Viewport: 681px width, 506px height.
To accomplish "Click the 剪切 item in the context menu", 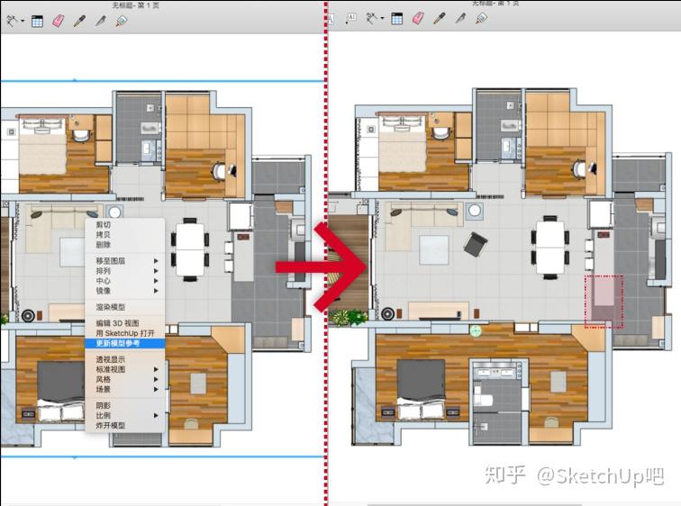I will pos(104,225).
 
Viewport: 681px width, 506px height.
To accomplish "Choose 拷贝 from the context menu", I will pos(104,235).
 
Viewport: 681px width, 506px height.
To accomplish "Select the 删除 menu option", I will pos(104,245).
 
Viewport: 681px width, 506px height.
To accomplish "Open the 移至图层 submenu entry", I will pos(113,261).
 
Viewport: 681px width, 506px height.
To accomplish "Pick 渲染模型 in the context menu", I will pos(111,307).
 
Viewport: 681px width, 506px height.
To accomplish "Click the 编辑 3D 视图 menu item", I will pos(117,323).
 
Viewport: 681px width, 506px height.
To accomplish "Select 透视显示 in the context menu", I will pos(111,359).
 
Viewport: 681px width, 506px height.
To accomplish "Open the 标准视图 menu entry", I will pos(111,369).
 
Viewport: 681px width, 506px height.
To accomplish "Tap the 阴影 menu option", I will pos(104,406).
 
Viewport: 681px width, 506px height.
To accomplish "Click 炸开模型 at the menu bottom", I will pos(111,425).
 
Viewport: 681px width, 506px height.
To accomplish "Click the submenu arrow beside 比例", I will pos(156,415).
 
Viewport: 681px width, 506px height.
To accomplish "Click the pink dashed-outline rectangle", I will pos(604,302).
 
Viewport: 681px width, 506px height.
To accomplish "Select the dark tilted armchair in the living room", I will pos(476,242).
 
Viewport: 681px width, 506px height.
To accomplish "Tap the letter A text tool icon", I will pos(350,18).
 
